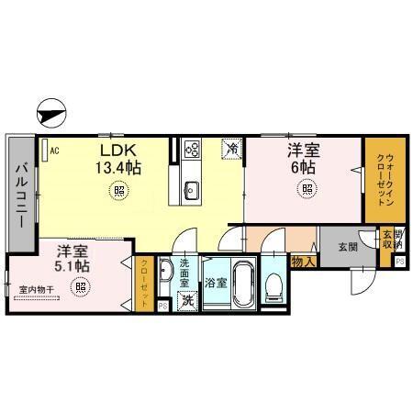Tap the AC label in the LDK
54,151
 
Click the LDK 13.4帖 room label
119,159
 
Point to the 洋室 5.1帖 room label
72,258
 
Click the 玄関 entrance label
346,247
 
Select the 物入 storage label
303,262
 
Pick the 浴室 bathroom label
217,284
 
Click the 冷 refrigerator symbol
233,147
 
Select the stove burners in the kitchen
191,147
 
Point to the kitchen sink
191,190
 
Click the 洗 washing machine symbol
187,300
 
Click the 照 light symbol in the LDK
119,190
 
